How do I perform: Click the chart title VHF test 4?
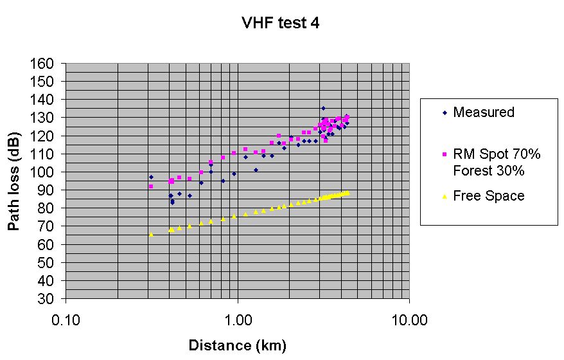(281, 24)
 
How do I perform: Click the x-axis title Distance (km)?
(237, 346)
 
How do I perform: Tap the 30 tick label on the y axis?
(51, 299)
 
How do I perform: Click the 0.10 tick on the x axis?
(66, 318)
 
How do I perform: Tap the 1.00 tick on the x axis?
(238, 318)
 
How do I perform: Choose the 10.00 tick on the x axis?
(409, 318)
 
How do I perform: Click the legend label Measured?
(484, 113)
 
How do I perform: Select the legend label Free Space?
(489, 196)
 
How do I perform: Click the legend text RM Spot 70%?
(497, 154)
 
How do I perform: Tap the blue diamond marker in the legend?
(444, 113)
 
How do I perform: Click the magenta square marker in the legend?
(444, 155)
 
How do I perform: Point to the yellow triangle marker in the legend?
(444, 196)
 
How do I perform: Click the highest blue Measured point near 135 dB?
(323, 108)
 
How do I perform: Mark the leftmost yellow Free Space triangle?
(151, 235)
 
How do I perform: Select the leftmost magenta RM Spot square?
(151, 186)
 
